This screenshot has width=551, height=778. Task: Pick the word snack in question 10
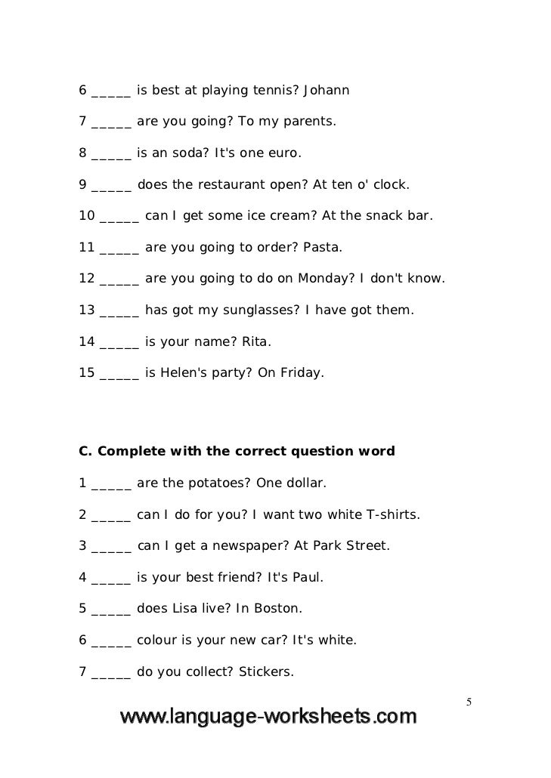(382, 216)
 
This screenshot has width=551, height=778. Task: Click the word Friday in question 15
(301, 372)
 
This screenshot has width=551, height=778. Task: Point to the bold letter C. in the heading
(85, 452)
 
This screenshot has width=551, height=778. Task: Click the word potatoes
(217, 483)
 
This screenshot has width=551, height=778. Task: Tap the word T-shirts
(392, 515)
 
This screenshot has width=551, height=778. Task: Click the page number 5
(469, 702)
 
